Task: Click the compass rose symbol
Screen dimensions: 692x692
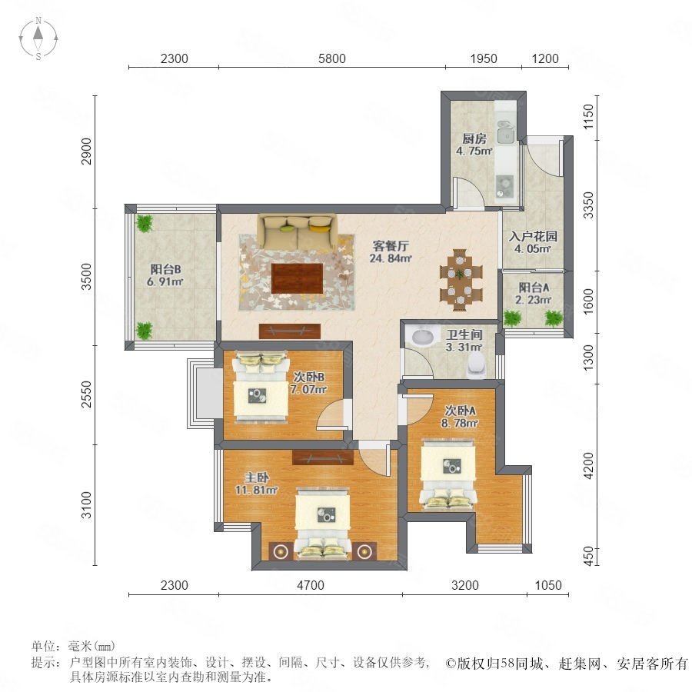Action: point(38,38)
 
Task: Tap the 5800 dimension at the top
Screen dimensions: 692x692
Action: point(332,58)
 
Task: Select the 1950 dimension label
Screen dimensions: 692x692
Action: point(484,58)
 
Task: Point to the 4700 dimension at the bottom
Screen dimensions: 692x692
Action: point(311,585)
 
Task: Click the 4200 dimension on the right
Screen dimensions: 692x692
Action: point(589,466)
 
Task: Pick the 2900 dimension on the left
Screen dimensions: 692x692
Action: point(86,151)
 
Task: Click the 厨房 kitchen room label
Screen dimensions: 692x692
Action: point(474,138)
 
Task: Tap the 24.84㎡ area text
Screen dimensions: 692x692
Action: point(391,258)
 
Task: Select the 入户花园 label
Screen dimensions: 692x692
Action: point(533,236)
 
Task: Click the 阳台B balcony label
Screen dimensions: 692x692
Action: point(165,269)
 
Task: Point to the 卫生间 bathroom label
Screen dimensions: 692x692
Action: point(464,335)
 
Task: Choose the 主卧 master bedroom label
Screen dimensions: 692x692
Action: point(257,477)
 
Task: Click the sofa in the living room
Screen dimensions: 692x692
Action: point(298,231)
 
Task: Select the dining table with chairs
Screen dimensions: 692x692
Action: point(461,280)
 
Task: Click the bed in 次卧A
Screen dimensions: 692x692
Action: point(448,474)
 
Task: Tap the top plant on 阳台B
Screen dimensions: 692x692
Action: point(144,223)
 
